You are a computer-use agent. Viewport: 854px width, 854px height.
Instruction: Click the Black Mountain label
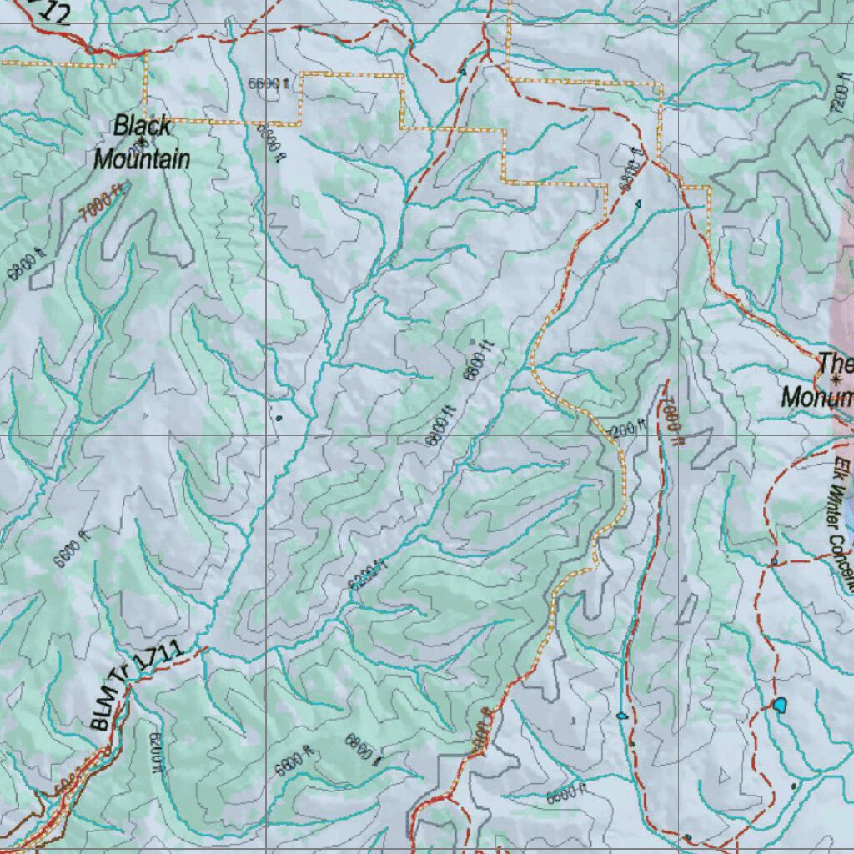click(x=142, y=143)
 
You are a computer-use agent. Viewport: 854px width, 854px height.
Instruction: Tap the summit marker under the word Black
click(x=143, y=143)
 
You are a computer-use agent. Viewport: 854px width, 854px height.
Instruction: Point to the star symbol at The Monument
click(x=835, y=380)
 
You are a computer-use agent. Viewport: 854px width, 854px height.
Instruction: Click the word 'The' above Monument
click(x=835, y=363)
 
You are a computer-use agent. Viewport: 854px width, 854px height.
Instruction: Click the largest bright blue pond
click(x=779, y=706)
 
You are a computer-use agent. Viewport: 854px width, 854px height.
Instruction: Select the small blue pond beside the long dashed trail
click(x=621, y=715)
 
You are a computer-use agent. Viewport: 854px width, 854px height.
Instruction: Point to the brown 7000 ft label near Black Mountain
click(x=102, y=203)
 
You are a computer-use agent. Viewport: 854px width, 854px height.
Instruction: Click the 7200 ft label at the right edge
click(x=838, y=101)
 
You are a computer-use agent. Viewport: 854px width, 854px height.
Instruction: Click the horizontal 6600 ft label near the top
click(x=269, y=83)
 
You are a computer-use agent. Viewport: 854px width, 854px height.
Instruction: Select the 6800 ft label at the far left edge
click(x=26, y=265)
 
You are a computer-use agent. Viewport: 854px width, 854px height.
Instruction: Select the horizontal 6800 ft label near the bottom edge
click(x=567, y=794)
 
